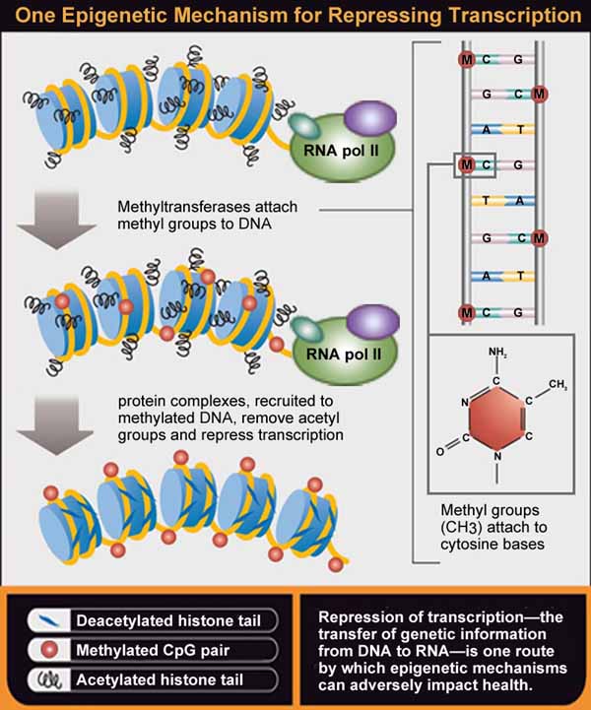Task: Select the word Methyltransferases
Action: pos(185,209)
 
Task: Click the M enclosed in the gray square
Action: pos(466,162)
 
